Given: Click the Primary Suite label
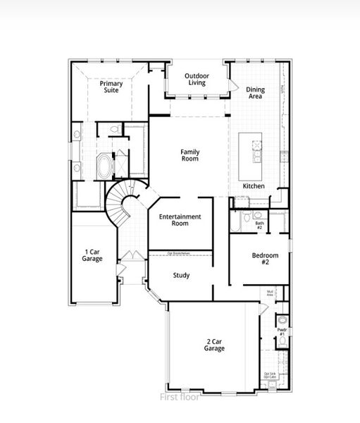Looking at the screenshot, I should point(111,87).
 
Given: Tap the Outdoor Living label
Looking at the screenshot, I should point(197,80).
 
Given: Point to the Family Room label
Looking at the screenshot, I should point(190,155).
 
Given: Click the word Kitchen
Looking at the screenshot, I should point(254,186).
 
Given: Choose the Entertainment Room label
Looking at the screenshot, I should point(180,220).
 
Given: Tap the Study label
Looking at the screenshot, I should point(181,276).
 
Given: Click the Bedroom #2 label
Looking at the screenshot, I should point(266,259).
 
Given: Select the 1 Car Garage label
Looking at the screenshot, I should point(92,255).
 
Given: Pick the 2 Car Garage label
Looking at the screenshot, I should point(215,345).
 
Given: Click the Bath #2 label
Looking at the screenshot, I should point(259,226).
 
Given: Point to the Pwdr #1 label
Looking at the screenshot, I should point(281,331).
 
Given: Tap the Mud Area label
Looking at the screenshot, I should point(270,293).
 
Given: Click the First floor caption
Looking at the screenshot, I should point(180,397).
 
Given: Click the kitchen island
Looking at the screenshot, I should point(251,155).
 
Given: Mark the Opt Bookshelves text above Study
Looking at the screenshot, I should point(180,252).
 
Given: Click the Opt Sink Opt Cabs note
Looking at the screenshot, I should point(270,376).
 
